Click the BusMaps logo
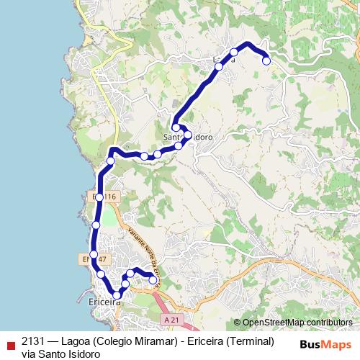tap(325, 343)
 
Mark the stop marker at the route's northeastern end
tap(266, 60)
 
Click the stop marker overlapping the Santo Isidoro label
tap(188, 135)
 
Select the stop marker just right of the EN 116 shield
tap(99, 197)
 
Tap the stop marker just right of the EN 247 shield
tap(93, 254)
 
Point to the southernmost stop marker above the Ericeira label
tap(117, 294)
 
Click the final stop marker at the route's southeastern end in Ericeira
tap(153, 280)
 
